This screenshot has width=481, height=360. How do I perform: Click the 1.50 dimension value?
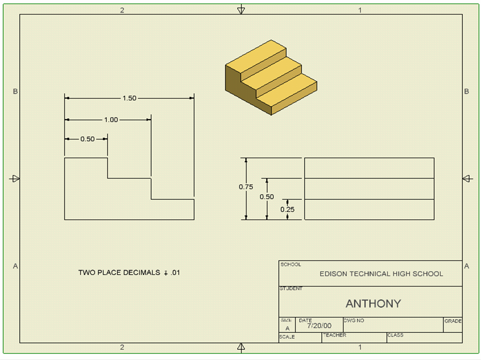tap(129, 98)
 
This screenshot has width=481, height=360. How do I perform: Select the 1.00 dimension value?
tap(111, 120)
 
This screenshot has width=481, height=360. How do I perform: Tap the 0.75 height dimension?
tap(246, 187)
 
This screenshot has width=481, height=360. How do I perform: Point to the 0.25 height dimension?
tap(287, 209)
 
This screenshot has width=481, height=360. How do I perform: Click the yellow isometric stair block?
tap(270, 77)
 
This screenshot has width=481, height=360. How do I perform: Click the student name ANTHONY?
tap(373, 303)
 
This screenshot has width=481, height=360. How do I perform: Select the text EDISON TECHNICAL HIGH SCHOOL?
tap(381, 274)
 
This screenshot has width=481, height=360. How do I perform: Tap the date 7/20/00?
tap(319, 325)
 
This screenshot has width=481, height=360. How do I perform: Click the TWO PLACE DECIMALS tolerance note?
tap(129, 273)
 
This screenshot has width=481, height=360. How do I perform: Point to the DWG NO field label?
tap(354, 321)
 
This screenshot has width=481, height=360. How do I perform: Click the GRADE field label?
tap(453, 321)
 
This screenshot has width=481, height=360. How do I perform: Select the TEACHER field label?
tap(334, 335)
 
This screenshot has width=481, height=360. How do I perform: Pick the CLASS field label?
tap(395, 335)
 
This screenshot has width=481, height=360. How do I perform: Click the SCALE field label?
tap(287, 337)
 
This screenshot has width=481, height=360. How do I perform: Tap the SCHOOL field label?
tap(291, 265)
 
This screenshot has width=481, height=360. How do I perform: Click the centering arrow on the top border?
tap(241, 9)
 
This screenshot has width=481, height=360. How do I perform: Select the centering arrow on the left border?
tap(15, 179)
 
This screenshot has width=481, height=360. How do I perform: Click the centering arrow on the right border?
tap(466, 179)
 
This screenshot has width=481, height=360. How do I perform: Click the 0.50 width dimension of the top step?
tap(87, 139)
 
